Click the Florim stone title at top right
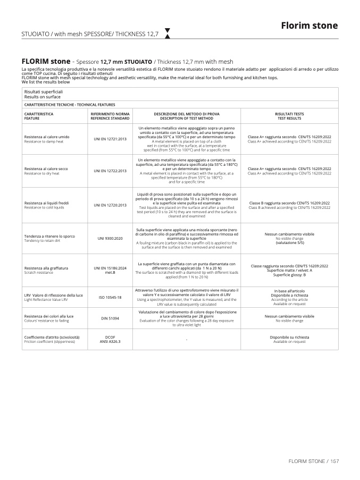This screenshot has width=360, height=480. [x=309, y=26]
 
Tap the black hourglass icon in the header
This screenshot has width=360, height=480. [x=168, y=33]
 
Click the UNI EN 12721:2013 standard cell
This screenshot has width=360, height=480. [x=110, y=139]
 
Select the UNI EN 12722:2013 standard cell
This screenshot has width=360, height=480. [x=110, y=171]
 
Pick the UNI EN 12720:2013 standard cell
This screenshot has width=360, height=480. [x=110, y=205]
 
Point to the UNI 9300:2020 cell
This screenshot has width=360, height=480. [x=110, y=238]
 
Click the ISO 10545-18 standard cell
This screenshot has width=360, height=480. [x=110, y=297]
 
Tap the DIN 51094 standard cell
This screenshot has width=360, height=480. [x=110, y=318]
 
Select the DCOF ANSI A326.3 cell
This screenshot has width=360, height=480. [x=110, y=339]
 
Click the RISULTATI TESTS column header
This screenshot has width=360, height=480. [x=289, y=116]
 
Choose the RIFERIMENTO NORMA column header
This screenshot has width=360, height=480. [x=110, y=116]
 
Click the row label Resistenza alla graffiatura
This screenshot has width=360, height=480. [x=46, y=268]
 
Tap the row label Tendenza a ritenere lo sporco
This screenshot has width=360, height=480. [x=49, y=235]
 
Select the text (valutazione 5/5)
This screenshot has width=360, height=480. [x=289, y=242]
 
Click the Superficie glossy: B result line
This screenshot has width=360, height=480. [x=289, y=274]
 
